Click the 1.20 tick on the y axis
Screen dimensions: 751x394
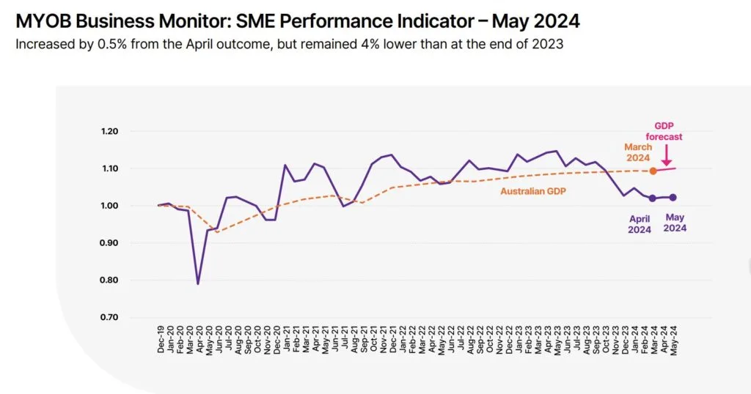[x=109, y=132]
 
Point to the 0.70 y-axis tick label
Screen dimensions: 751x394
[x=109, y=317]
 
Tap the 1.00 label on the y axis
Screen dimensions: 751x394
[x=109, y=206]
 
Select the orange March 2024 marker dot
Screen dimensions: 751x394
[x=653, y=171]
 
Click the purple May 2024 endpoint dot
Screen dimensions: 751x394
[x=673, y=198]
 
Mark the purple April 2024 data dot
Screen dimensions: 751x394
[x=652, y=198]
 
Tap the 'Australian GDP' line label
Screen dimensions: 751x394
[x=533, y=191]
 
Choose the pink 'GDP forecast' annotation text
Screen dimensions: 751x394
[x=664, y=131]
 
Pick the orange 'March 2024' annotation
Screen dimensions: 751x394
[x=638, y=152]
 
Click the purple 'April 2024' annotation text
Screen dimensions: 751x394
[x=640, y=224]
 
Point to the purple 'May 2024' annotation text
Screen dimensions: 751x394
[x=675, y=223]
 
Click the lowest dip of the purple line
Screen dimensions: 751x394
[x=198, y=284]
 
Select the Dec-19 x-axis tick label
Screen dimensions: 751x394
[x=161, y=340]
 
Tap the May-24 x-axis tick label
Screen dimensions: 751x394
[x=674, y=340]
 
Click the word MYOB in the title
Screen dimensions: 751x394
[x=43, y=21]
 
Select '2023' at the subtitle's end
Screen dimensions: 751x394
[x=549, y=45]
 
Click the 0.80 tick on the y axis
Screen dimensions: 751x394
[x=109, y=280]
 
